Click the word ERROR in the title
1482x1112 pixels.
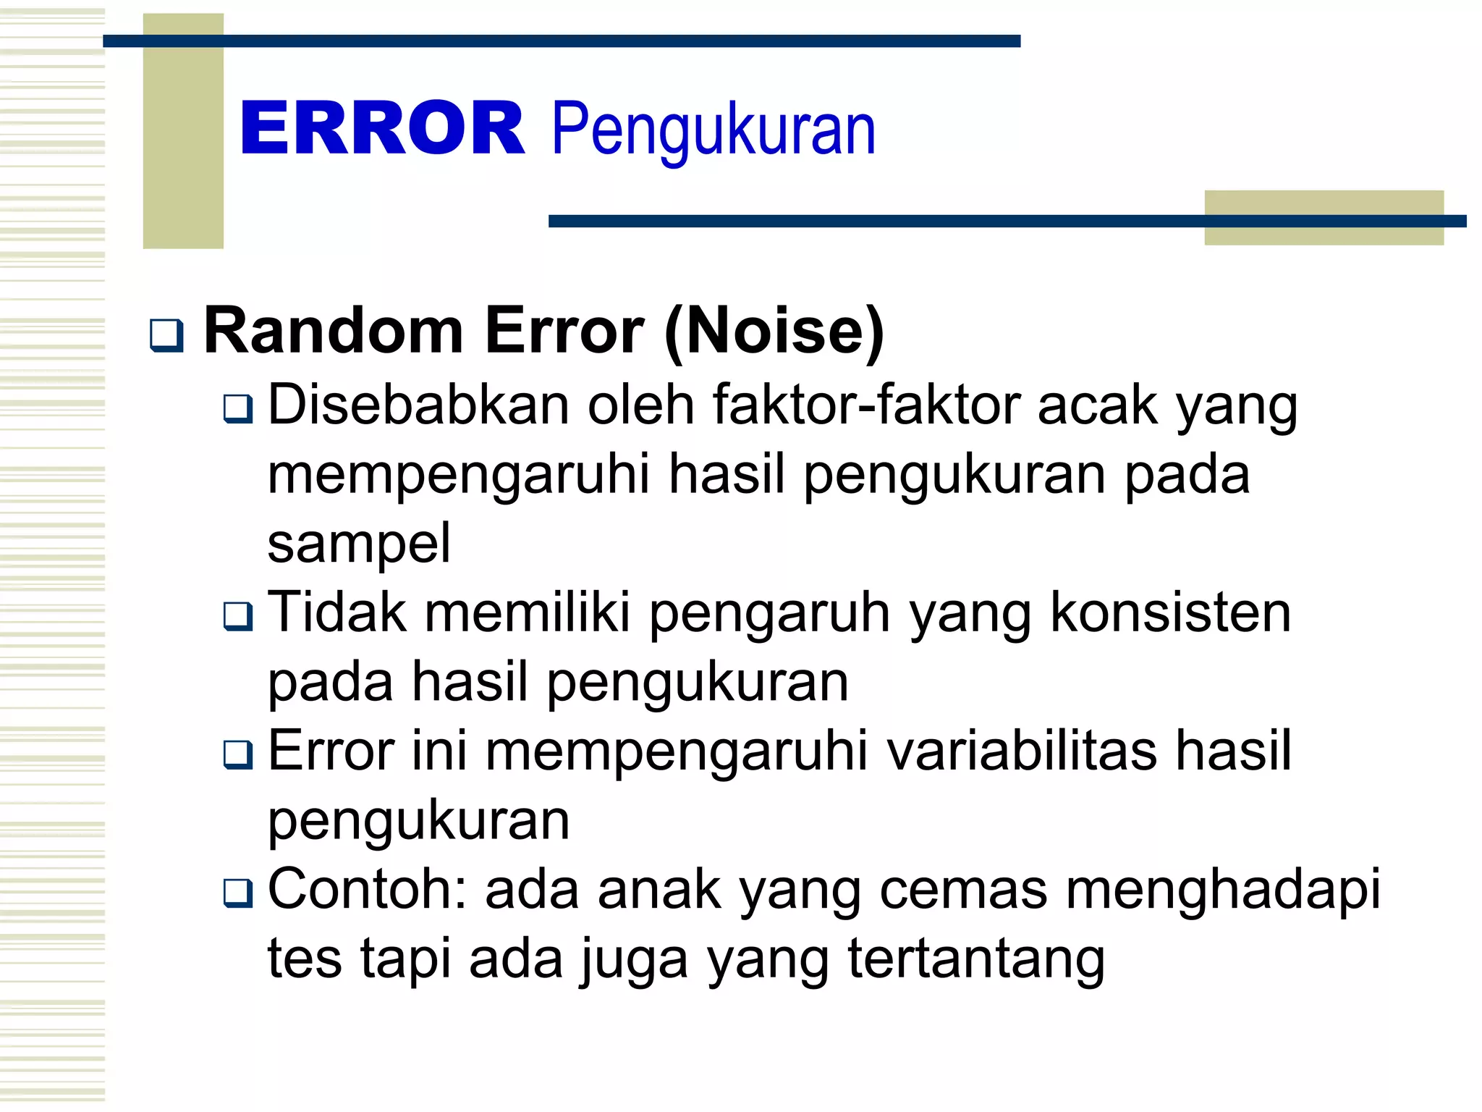[381, 128]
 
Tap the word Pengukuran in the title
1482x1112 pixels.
[713, 130]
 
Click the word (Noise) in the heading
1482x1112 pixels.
[774, 332]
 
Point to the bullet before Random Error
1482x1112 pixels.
[166, 335]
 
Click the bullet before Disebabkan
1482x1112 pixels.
[238, 409]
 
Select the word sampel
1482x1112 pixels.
[359, 544]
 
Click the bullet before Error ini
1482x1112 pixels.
[238, 754]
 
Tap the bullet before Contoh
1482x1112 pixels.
[238, 893]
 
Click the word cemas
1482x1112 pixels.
[963, 889]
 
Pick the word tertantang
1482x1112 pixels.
[976, 959]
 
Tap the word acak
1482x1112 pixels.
[1097, 405]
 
